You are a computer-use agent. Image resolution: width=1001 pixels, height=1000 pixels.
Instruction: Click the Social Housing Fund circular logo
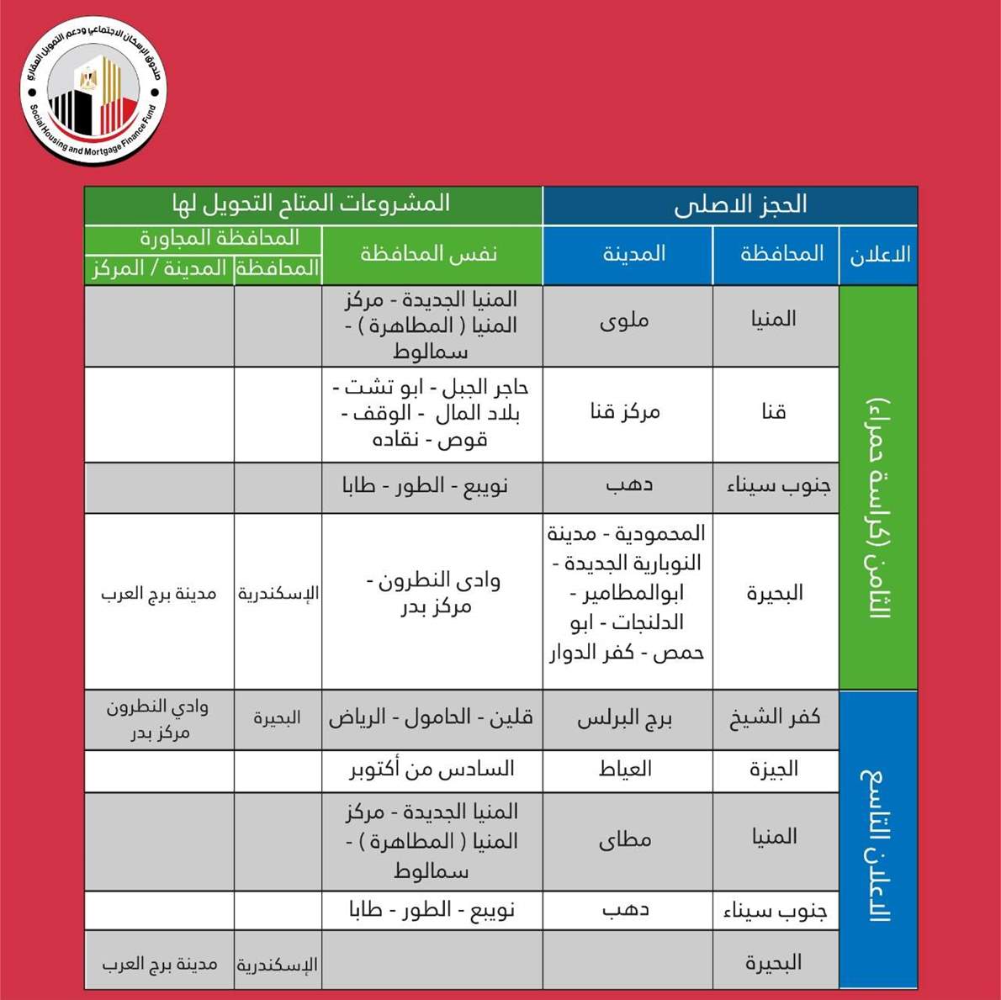93,91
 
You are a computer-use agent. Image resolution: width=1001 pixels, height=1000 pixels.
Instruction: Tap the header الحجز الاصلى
730,205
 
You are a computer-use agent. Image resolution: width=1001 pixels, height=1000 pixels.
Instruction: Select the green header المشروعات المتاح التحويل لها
313,204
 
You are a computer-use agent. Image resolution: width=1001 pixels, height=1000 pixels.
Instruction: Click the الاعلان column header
878,255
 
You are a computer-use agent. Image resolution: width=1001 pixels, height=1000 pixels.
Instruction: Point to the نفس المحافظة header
431,254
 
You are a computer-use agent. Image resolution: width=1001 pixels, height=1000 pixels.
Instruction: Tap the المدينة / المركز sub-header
159,269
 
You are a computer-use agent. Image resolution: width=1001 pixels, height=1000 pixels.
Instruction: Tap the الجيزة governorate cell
775,770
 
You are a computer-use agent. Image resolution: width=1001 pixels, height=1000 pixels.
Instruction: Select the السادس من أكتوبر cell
432,770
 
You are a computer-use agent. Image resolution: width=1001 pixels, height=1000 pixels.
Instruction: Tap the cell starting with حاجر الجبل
432,413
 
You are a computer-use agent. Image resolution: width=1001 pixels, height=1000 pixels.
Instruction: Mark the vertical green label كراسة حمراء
878,505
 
